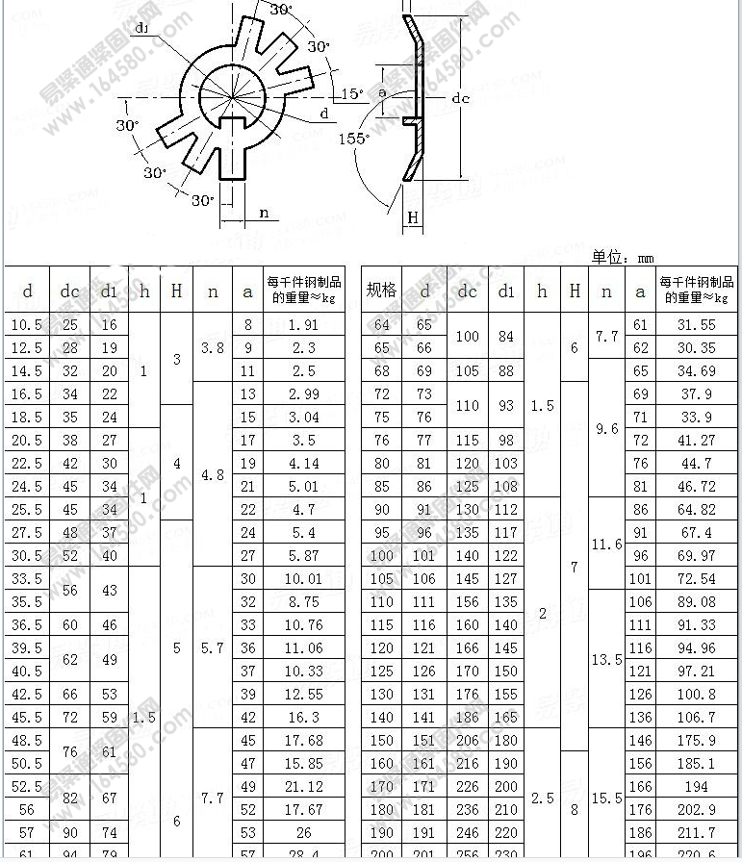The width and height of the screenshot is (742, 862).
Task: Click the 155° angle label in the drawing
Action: [x=353, y=139]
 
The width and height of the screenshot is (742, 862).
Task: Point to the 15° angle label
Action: [x=353, y=93]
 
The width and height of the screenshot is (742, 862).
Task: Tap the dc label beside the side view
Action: [x=461, y=98]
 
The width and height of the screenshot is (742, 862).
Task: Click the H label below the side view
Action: [x=413, y=217]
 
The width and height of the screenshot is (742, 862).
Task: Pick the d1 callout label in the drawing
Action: [x=142, y=28]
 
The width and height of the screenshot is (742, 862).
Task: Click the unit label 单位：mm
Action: [x=623, y=257]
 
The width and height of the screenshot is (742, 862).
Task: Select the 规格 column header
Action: [x=381, y=291]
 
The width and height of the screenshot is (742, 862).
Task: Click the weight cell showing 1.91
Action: [x=303, y=325]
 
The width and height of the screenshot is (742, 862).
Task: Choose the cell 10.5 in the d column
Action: [x=27, y=325]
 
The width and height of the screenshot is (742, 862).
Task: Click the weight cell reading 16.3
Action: [x=303, y=718]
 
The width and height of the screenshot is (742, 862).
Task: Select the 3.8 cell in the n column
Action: [x=212, y=348]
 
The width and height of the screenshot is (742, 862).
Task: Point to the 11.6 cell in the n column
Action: [x=606, y=545]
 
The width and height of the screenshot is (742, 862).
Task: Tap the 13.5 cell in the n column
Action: [x=606, y=660]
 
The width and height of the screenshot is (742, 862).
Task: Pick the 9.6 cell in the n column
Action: [x=606, y=429]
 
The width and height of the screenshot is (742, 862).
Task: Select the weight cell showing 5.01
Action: [x=303, y=487]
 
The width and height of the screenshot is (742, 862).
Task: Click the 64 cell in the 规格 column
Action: [x=381, y=325]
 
